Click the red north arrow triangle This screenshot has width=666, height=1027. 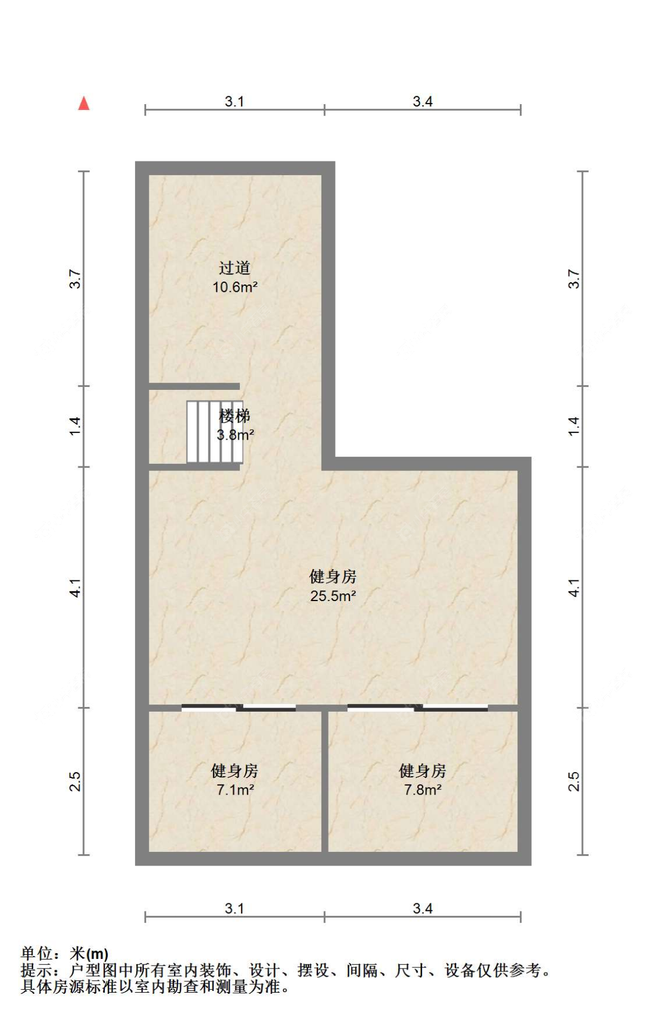click(84, 104)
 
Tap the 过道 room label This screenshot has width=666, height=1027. click(234, 268)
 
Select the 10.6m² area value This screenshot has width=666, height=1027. click(235, 288)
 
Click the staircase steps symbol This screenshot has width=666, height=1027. click(214, 431)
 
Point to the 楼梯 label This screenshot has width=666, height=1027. click(234, 416)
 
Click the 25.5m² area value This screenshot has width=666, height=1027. click(333, 596)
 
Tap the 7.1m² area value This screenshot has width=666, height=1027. click(235, 790)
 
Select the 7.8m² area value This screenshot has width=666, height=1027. click(423, 790)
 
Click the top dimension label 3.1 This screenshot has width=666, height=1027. click(234, 101)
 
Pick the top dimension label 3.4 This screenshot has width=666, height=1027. click(423, 101)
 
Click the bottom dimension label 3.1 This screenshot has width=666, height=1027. click(234, 908)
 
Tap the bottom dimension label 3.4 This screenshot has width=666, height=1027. click(423, 908)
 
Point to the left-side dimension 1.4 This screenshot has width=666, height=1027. click(75, 427)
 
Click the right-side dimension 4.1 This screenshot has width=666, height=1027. click(573, 587)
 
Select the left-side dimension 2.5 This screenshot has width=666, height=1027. click(75, 781)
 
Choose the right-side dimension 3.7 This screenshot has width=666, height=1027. click(573, 279)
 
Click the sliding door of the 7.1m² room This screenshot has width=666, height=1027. click(239, 708)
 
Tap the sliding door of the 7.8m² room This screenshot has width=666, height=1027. click(417, 708)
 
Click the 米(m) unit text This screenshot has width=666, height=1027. click(89, 953)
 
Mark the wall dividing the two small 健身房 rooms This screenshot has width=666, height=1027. click(324, 781)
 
